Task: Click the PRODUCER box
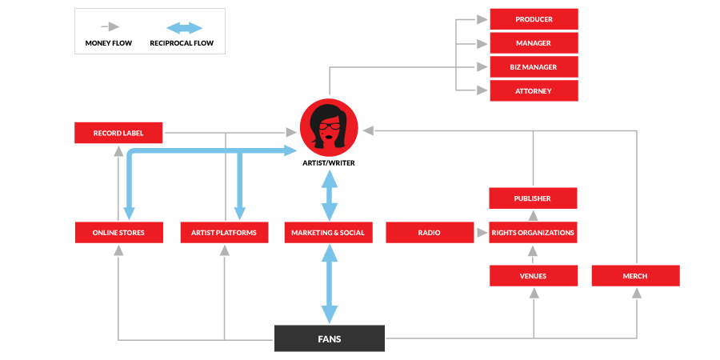[x=534, y=19]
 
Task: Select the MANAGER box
[x=534, y=43]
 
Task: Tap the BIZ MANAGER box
[x=534, y=67]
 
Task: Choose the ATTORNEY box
[x=534, y=91]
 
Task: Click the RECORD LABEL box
[x=118, y=133]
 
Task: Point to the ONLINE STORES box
[x=118, y=233]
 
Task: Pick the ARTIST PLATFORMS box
[x=224, y=233]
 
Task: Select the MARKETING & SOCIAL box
[x=329, y=233]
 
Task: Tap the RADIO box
[x=429, y=233]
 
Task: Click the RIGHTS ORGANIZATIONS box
[x=534, y=233]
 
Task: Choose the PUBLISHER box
[x=534, y=198]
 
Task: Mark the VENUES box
[x=534, y=276]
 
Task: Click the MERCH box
[x=635, y=276]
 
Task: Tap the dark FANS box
[x=329, y=338]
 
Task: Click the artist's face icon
[x=329, y=128]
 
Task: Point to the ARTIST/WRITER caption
[x=329, y=163]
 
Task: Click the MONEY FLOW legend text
[x=109, y=42]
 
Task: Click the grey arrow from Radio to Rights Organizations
[x=481, y=233]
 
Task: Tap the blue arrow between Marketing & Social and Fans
[x=329, y=284]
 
